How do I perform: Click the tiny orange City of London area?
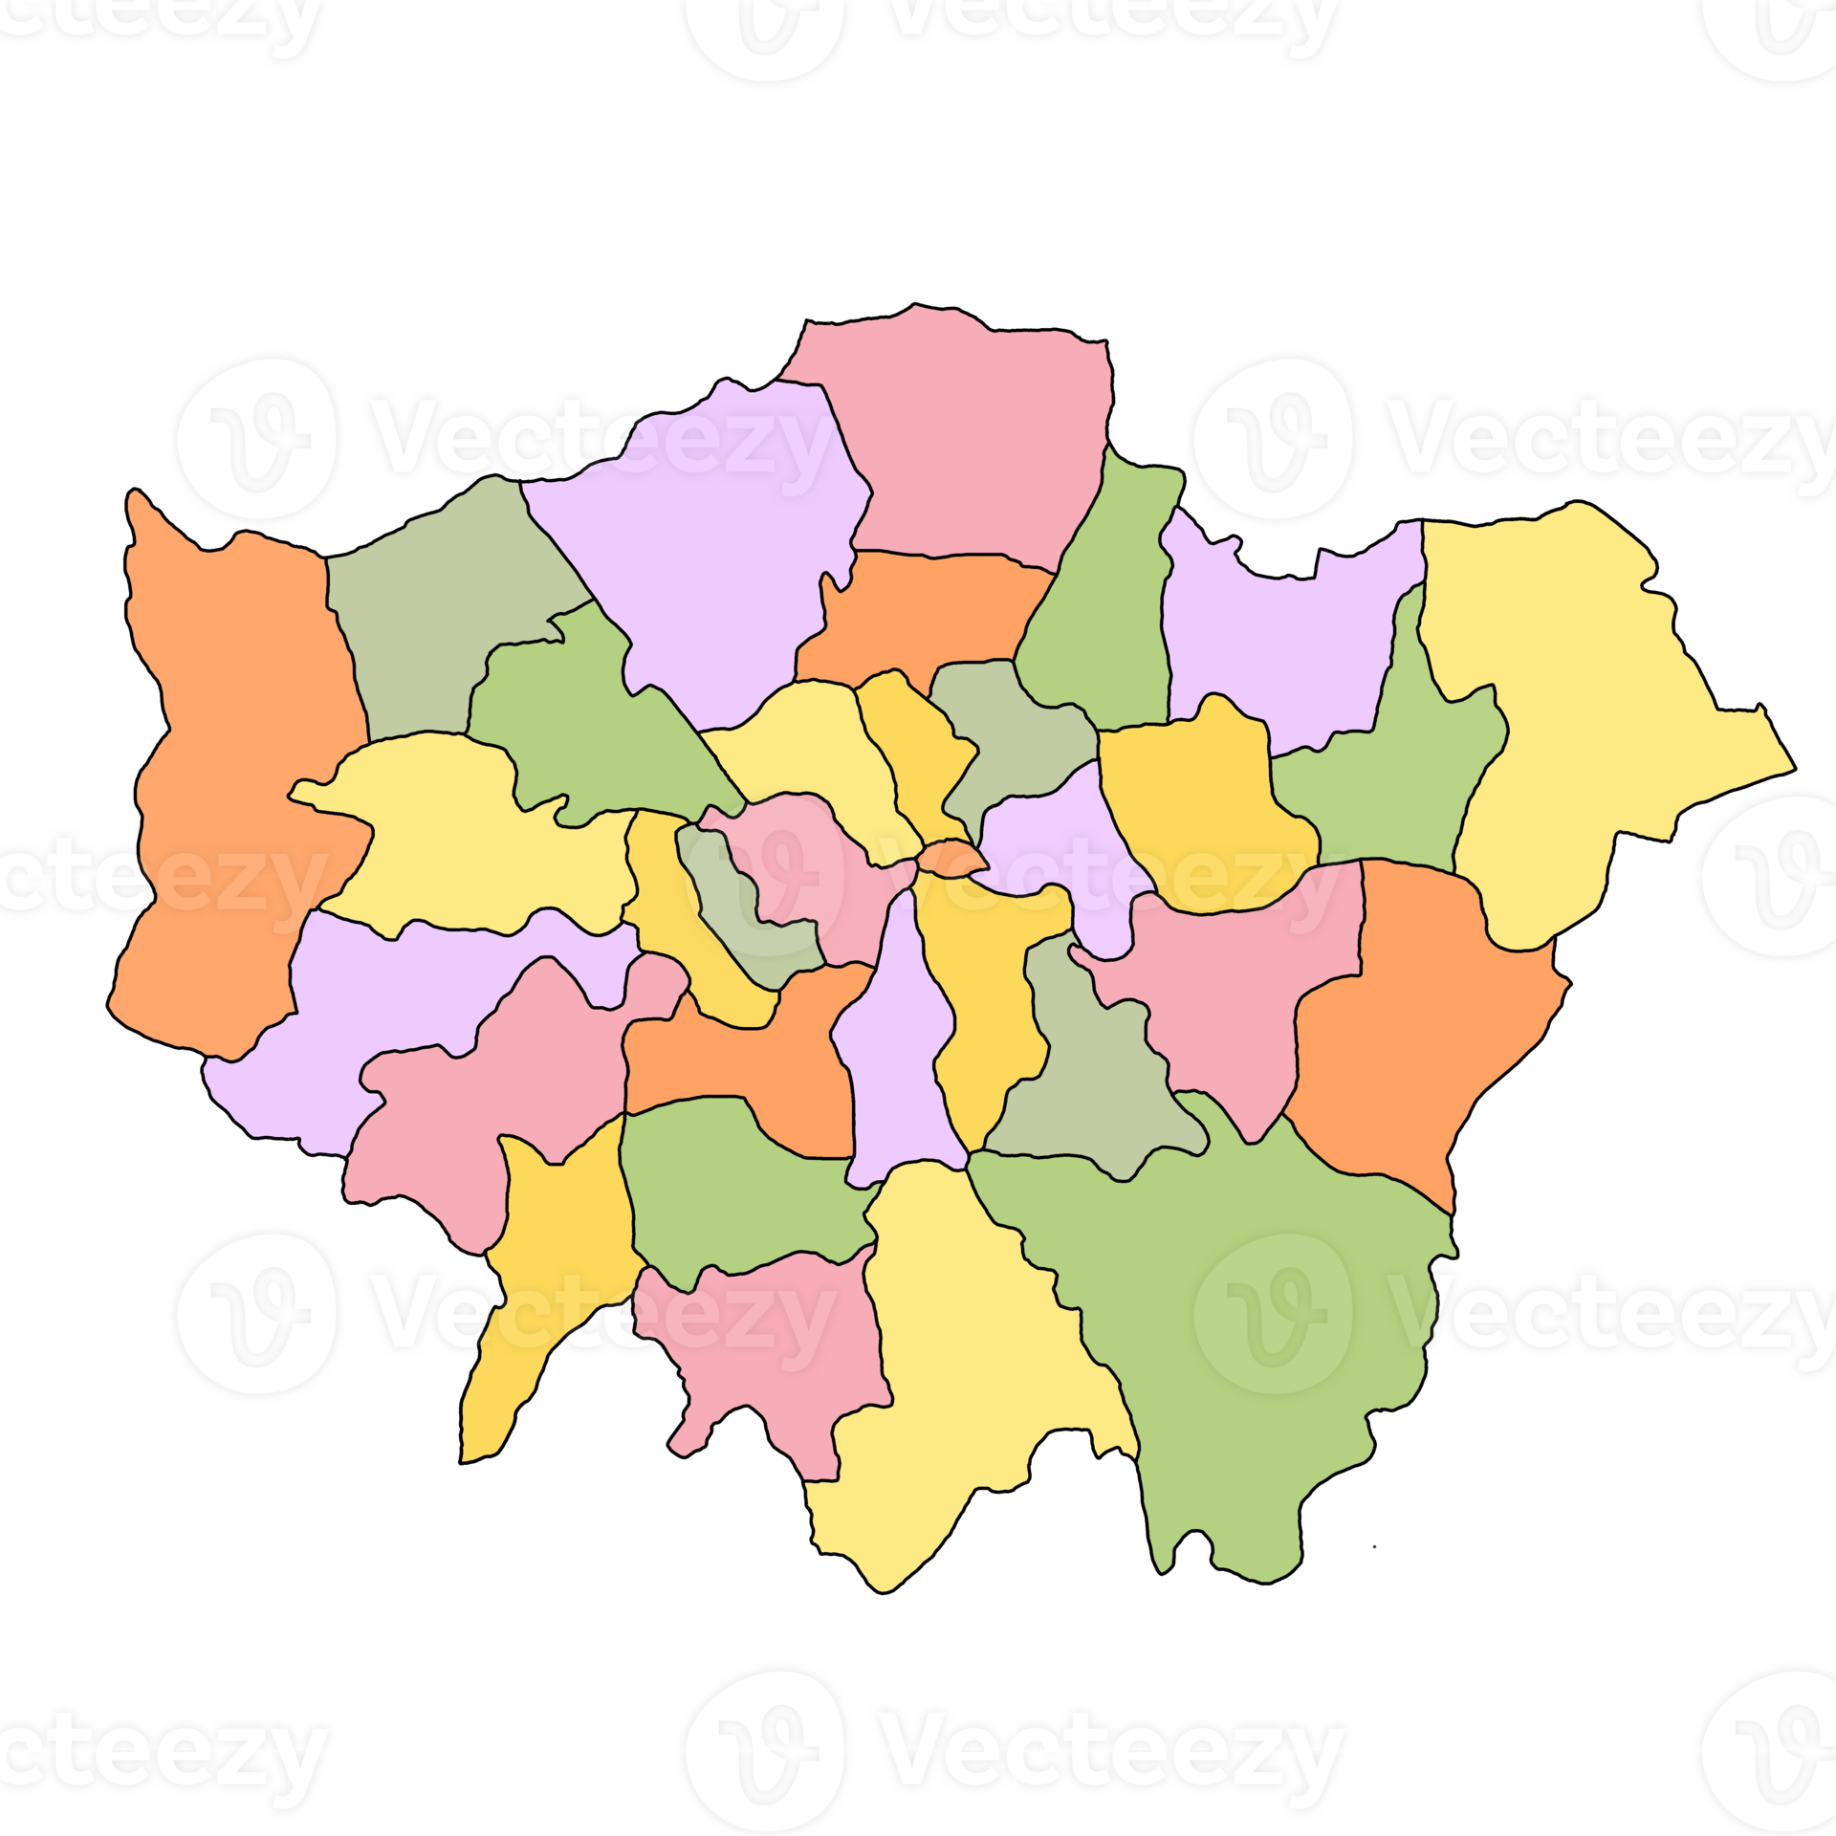(949, 857)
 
